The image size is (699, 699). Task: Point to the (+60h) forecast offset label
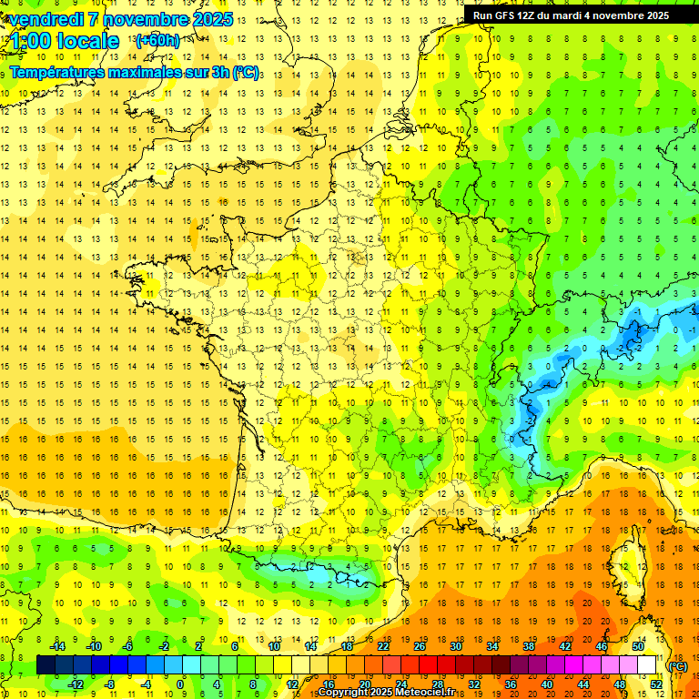tap(157, 41)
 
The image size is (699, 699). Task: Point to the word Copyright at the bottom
tap(343, 693)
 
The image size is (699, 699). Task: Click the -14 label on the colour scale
tap(57, 645)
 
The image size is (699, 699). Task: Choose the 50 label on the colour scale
tap(638, 645)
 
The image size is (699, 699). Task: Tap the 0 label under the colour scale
tap(180, 684)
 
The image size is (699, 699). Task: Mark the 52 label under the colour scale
tap(656, 684)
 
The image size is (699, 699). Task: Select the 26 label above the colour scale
tap(420, 645)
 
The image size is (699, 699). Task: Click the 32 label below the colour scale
tap(474, 684)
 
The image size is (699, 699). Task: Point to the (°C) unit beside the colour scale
tap(677, 665)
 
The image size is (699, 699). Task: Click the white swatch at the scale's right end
tap(647, 664)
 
